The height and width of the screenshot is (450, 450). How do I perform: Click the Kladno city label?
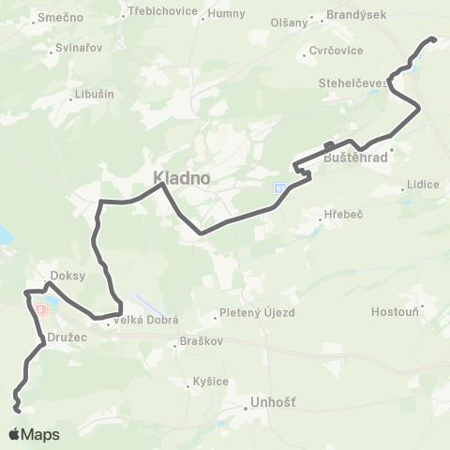(182, 177)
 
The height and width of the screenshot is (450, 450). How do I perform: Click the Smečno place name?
(61, 18)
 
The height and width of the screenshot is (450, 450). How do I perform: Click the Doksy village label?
(68, 276)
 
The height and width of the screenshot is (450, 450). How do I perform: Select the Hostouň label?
(397, 310)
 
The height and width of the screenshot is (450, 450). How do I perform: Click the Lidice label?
(424, 185)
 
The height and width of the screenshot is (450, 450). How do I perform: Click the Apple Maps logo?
(34, 434)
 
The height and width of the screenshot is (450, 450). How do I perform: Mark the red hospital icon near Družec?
(40, 308)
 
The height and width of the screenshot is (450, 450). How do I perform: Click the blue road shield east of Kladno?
(279, 189)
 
